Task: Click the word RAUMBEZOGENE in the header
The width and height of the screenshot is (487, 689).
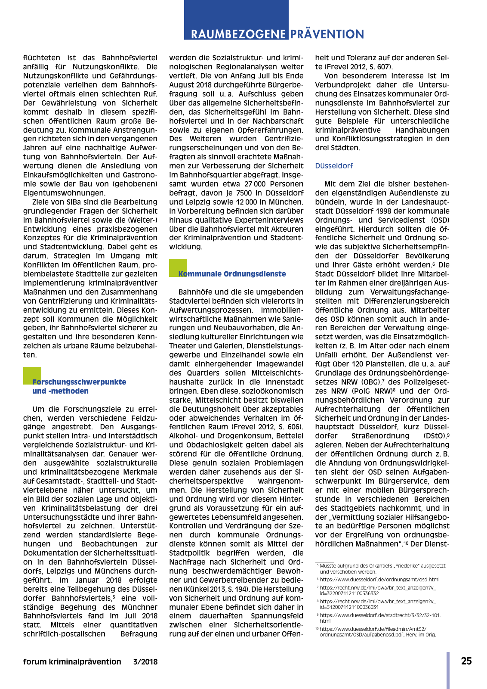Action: click(x=238, y=34)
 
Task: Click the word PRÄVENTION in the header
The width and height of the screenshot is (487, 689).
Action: click(x=327, y=34)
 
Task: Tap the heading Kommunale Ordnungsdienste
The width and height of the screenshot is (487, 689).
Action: click(x=232, y=274)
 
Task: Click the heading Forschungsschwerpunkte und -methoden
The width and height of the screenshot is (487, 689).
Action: click(x=79, y=386)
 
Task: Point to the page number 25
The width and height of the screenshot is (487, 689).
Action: click(x=466, y=661)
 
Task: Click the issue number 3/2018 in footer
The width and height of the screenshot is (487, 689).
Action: click(x=145, y=662)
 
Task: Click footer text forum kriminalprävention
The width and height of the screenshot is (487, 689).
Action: click(x=72, y=662)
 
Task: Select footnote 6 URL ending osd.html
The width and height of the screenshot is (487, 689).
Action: click(x=379, y=580)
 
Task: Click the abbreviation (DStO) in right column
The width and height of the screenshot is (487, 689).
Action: click(x=435, y=436)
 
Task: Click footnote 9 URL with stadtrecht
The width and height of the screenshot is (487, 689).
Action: click(x=380, y=618)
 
